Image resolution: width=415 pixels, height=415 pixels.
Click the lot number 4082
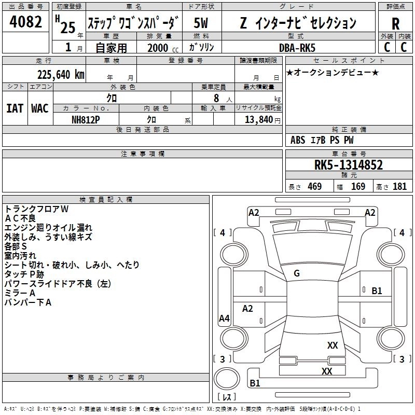(25, 22)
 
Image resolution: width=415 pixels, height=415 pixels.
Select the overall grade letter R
(395, 24)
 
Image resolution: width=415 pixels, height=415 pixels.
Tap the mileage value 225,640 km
(61, 75)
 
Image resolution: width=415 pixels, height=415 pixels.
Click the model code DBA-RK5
(297, 48)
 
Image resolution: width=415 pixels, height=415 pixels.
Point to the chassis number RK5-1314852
(348, 165)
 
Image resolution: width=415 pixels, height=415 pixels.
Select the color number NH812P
(86, 120)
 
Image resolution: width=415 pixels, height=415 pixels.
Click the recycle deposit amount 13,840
(259, 119)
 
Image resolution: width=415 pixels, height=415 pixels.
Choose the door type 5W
(201, 23)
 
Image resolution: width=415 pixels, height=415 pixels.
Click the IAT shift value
(15, 108)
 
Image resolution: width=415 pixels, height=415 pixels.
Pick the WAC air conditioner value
(40, 108)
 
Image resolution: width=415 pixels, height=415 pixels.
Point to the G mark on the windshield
(297, 273)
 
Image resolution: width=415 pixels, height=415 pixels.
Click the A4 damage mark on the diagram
(224, 318)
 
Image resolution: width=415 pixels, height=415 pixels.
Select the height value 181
(399, 186)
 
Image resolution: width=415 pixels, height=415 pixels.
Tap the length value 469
(315, 186)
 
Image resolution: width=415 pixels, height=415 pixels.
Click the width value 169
(358, 186)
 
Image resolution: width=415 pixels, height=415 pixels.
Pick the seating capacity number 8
(216, 98)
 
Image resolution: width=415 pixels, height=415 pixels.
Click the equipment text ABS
(298, 140)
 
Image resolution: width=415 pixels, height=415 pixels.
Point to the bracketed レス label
(227, 397)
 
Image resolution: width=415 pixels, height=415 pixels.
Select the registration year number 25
(68, 27)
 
